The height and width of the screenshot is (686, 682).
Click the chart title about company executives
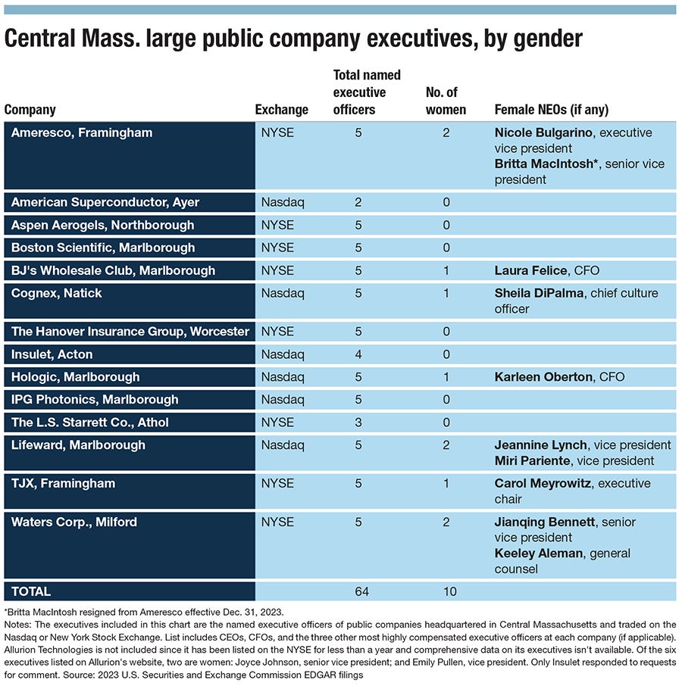coord(293,39)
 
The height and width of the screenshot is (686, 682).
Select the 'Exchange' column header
coord(281,110)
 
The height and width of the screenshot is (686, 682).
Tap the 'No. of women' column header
coord(446,101)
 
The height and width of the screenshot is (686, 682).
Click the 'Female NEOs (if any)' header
coord(551,110)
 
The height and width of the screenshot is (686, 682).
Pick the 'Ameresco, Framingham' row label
coord(82,133)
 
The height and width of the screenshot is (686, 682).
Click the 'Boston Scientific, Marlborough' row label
coord(103,248)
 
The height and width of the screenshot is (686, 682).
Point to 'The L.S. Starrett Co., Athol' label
coord(90,423)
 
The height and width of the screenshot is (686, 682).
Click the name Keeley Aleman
coord(538,553)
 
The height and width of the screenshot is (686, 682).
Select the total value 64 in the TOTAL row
coord(361,591)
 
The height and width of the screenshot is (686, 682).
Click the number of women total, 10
coord(450,591)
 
